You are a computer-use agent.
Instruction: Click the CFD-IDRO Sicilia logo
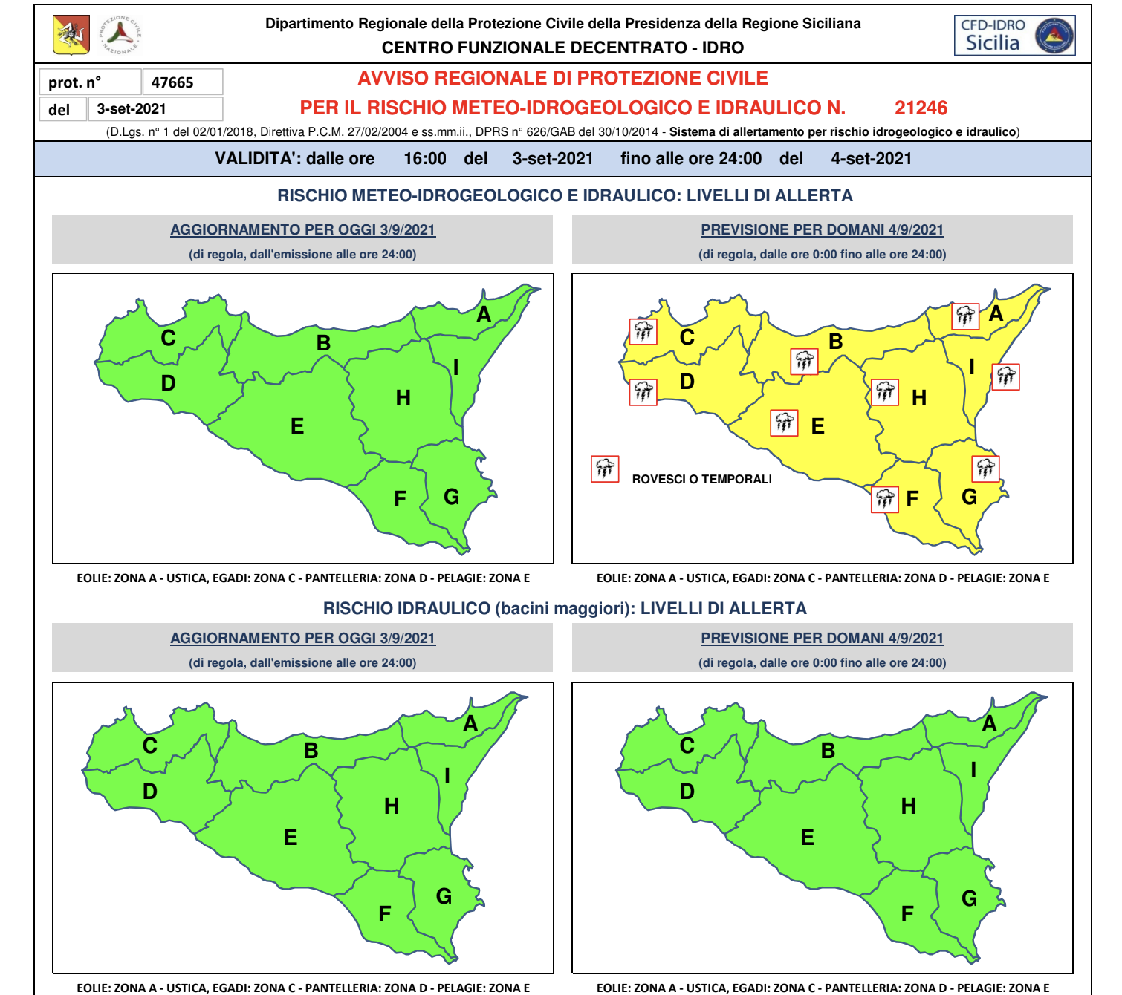point(1014,36)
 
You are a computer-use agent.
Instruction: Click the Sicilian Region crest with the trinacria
point(71,35)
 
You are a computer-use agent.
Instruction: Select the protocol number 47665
point(172,82)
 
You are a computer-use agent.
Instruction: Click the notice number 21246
point(921,108)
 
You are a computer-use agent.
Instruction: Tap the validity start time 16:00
point(425,159)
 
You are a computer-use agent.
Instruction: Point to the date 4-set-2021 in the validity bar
point(871,159)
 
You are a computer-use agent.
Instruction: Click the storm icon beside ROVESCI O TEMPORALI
point(605,469)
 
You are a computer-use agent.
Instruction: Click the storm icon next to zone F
point(884,499)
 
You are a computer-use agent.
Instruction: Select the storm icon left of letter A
point(965,316)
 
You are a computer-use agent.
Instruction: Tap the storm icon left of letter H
point(884,391)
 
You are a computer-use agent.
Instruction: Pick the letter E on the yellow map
point(817,426)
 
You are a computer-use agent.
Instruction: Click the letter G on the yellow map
point(969,497)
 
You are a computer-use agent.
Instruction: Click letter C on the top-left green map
point(169,339)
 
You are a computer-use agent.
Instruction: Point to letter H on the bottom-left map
point(392,806)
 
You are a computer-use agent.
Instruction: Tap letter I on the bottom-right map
point(973,770)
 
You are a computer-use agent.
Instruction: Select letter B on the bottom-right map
point(828,751)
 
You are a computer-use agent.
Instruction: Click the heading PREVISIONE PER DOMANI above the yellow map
point(822,230)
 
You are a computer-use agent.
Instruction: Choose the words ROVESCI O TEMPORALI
point(701,480)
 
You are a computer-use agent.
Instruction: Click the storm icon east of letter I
point(1006,376)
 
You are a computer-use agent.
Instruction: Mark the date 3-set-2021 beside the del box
point(132,109)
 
